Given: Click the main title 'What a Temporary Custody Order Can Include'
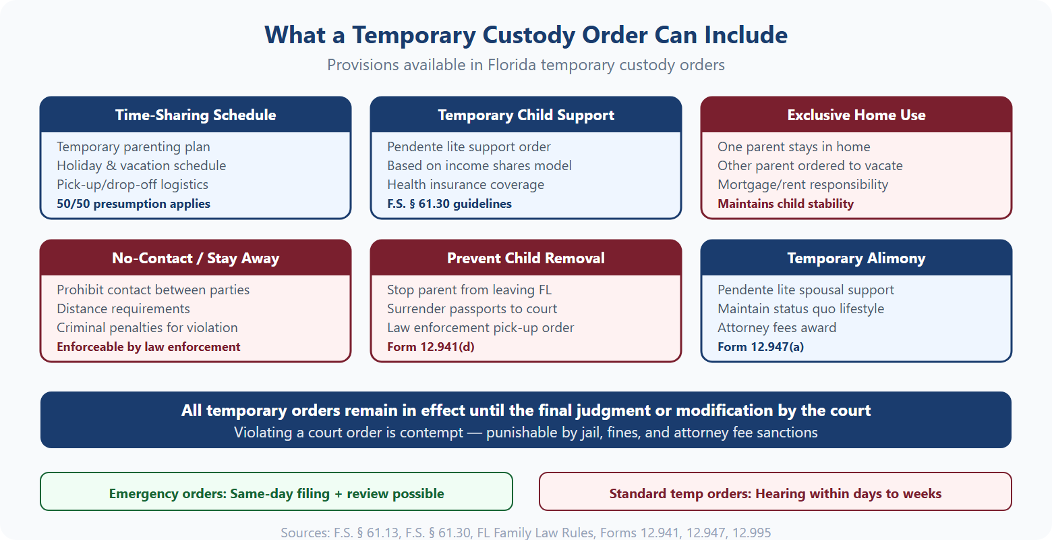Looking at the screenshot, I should point(526,35).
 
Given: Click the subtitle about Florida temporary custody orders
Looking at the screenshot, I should point(526,65).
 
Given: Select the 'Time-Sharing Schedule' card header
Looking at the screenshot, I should point(196,115).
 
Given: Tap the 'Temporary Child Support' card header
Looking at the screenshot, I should point(526,115).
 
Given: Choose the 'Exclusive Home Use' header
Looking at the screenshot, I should point(856,115).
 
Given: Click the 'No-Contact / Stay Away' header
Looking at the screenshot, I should point(196,259).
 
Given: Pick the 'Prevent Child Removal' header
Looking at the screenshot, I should point(526,259).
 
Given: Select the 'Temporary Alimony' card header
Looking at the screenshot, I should point(856,259).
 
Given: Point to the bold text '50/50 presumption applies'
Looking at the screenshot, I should point(134,204).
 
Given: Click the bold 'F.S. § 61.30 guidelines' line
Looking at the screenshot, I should point(449,204).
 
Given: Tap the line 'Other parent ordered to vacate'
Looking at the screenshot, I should point(810,166).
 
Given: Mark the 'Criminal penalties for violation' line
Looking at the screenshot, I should point(147,328).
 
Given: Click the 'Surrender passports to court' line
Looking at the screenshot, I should point(472,309).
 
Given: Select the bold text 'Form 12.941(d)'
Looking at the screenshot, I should point(431,347).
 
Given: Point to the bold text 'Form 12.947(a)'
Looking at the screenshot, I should point(761,347).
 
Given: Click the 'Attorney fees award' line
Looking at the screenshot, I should point(777,328).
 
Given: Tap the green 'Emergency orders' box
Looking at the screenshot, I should point(276,493).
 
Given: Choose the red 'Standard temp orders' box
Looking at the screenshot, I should point(776,493).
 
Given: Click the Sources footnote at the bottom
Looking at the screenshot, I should point(526,533).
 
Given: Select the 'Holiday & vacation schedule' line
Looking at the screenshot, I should point(142,166).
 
